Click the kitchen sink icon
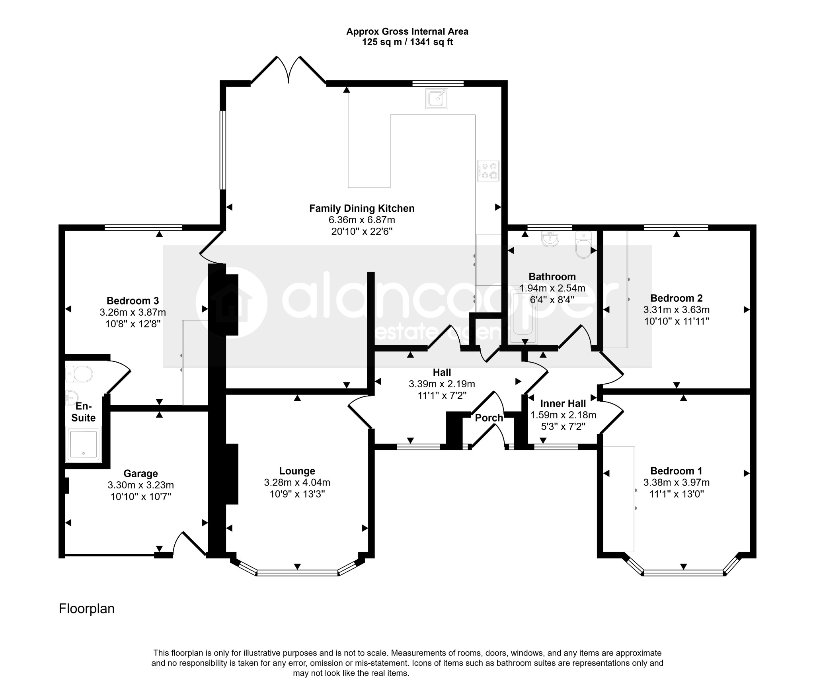click(437, 98)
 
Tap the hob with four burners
click(488, 171)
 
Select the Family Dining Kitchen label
click(362, 208)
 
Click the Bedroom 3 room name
click(133, 301)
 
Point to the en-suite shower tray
click(83, 444)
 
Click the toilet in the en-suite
click(79, 374)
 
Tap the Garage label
click(140, 473)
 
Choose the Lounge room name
click(297, 471)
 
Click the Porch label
click(489, 418)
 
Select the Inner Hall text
click(563, 403)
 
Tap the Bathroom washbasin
click(551, 240)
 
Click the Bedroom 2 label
click(677, 298)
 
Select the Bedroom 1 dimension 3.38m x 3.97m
click(677, 482)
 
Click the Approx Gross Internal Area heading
click(407, 31)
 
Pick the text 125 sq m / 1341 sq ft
click(407, 42)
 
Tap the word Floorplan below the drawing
click(87, 609)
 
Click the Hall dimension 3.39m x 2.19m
click(442, 384)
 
